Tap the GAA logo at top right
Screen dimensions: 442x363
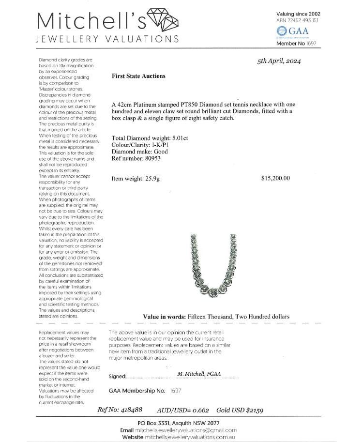[x=291, y=32]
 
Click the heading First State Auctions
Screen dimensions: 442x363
[x=138, y=76]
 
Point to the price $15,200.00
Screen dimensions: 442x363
[x=275, y=178]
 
